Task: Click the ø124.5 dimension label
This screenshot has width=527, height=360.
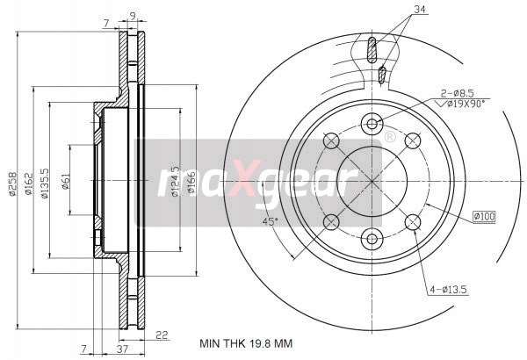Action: tap(176, 182)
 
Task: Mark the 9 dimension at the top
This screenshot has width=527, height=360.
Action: tap(133, 15)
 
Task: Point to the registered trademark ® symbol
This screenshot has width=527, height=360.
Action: tap(389, 137)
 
